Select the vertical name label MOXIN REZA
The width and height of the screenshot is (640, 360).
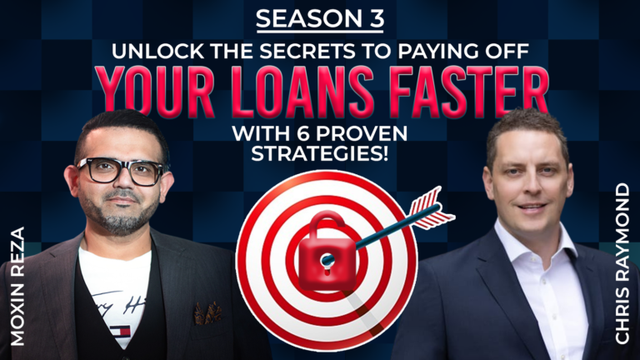pyautogui.click(x=19, y=287)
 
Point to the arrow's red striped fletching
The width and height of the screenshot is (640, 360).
pyautogui.click(x=432, y=208)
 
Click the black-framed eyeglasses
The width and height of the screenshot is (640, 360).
pyautogui.click(x=121, y=171)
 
